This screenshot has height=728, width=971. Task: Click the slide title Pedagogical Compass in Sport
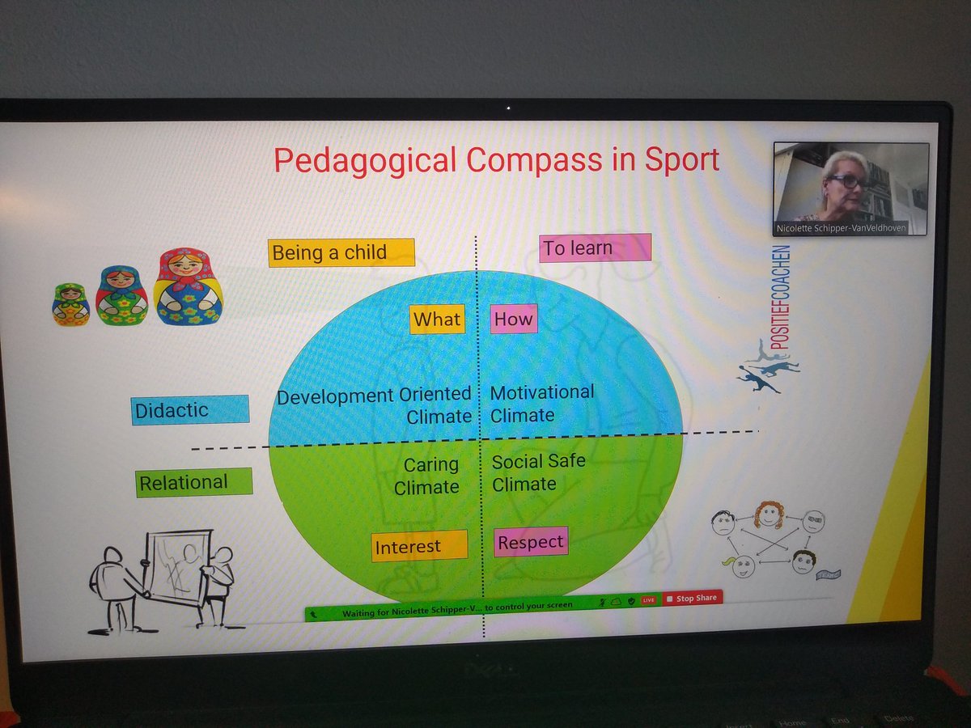click(496, 160)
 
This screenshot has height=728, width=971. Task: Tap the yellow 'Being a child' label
click(341, 252)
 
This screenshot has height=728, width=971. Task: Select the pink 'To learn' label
click(595, 248)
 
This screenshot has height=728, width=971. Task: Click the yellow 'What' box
click(437, 320)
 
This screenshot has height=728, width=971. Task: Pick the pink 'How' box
click(514, 319)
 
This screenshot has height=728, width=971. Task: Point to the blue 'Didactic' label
click(189, 410)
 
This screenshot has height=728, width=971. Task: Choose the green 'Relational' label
click(193, 483)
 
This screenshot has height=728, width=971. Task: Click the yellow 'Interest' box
click(419, 546)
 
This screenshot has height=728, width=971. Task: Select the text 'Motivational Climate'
click(541, 404)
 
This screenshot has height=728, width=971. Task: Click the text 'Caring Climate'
click(430, 476)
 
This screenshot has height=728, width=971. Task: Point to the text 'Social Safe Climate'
click(537, 472)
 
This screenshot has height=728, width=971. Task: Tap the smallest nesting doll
click(71, 304)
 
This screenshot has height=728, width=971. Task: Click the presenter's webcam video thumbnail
click(850, 182)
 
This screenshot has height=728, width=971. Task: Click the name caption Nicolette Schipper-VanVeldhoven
click(850, 229)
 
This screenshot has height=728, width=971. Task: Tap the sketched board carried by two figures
click(177, 567)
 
